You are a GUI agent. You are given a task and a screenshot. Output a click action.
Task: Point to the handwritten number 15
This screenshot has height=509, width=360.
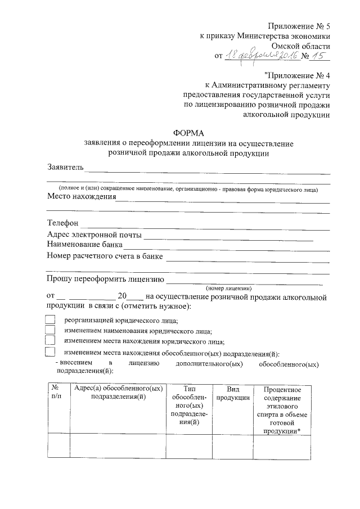[x=318, y=55]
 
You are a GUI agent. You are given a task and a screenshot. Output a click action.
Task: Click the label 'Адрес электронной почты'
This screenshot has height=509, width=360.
[x=94, y=235]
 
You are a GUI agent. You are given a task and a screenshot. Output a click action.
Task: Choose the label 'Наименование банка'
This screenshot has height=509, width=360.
[x=84, y=245]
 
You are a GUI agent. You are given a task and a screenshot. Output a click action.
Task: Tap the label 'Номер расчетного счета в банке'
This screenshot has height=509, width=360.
[x=105, y=256]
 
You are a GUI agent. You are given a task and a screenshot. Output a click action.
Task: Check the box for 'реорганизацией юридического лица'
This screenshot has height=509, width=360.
[x=51, y=319]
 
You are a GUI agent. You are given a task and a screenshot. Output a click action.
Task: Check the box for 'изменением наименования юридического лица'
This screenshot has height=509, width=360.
[x=51, y=330]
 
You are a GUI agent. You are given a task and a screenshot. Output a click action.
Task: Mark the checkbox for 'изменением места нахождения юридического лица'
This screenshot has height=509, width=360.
[x=51, y=341]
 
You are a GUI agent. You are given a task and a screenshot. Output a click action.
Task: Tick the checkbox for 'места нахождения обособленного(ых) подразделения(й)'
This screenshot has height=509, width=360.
[x=51, y=352]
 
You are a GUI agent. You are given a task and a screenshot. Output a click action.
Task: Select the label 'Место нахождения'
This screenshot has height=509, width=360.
[x=81, y=197]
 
